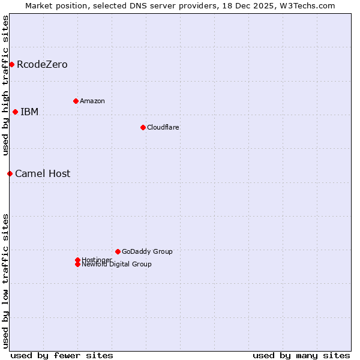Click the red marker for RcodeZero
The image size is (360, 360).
tap(11, 64)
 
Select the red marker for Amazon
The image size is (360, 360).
tap(76, 101)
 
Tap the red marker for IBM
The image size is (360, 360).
tap(15, 112)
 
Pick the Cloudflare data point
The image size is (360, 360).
tap(143, 127)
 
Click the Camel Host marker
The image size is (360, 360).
tap(10, 173)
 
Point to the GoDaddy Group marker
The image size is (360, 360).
tap(118, 251)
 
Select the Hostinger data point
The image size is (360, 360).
tap(77, 260)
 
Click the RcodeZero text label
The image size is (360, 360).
tap(42, 64)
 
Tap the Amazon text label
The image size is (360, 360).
tap(92, 101)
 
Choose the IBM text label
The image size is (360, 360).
tap(29, 112)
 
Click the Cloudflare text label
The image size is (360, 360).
tap(163, 127)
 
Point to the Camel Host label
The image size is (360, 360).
tap(43, 173)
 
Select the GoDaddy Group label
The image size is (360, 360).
tap(147, 251)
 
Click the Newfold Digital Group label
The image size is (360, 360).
tap(117, 265)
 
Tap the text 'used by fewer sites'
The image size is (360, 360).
tap(62, 355)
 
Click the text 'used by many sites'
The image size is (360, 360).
tap(301, 355)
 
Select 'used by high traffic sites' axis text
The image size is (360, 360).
tap(5, 85)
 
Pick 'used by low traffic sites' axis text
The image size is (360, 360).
tap(5, 280)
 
